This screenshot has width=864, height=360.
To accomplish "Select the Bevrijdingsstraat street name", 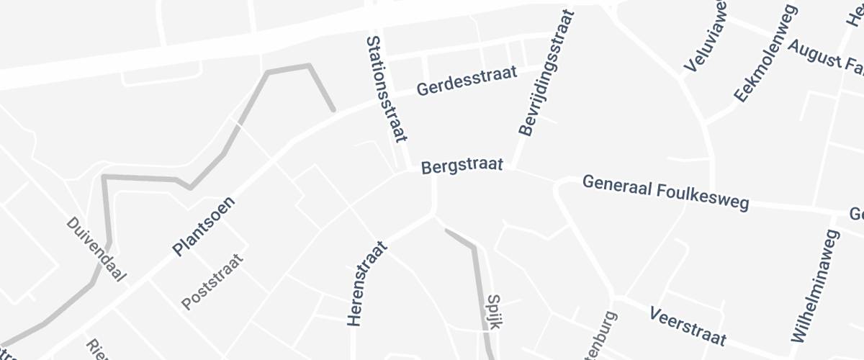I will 547,73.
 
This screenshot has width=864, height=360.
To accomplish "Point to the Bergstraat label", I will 461,167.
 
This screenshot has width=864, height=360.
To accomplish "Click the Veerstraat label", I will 687,325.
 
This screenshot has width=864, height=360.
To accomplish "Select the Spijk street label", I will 493,311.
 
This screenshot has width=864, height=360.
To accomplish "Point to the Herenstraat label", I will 367,284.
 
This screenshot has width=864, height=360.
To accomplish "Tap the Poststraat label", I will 212,282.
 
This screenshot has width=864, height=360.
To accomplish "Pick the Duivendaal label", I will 96,249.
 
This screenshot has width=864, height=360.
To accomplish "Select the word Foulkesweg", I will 708,197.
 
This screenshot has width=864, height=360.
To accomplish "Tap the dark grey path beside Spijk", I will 476,281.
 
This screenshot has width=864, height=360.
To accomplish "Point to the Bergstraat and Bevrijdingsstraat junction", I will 513,170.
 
